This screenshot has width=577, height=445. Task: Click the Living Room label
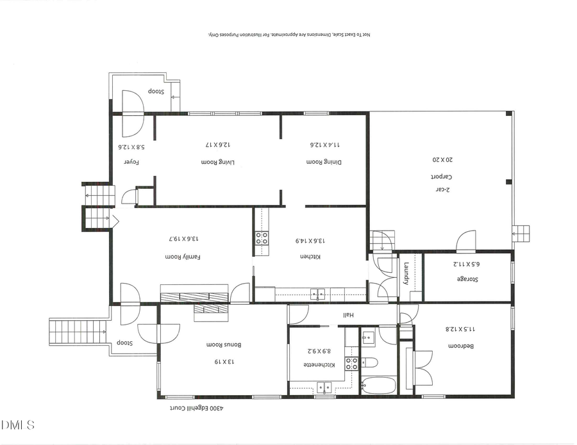point(219,162)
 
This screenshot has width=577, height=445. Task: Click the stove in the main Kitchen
point(262,238)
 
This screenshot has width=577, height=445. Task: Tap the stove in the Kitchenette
point(351,364)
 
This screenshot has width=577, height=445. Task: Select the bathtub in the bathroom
point(379,385)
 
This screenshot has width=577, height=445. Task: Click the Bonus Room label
point(219,344)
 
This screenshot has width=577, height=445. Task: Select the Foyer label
point(131,162)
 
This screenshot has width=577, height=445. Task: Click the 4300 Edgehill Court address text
point(195,407)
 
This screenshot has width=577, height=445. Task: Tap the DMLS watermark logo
point(18,425)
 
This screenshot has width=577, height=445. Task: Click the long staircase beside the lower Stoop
point(76,332)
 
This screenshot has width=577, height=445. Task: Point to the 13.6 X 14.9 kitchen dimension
point(310,241)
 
